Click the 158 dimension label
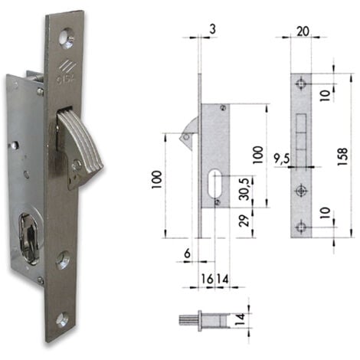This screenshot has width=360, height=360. pyautogui.click(x=342, y=156)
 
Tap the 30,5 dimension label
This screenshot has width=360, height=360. pyautogui.click(x=244, y=189)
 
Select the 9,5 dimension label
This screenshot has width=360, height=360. pyautogui.click(x=282, y=159)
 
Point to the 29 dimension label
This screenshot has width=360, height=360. pyautogui.click(x=244, y=221)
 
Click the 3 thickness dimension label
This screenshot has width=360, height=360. pyautogui.click(x=212, y=29)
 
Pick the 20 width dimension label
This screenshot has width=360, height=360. pyautogui.click(x=303, y=31)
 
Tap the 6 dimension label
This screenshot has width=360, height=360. pyautogui.click(x=188, y=254)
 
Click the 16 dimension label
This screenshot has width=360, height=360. pyautogui.click(x=208, y=279)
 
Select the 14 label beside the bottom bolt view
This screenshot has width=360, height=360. pyautogui.click(x=241, y=318)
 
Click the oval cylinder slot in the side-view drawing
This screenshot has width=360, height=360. pyautogui.click(x=214, y=183)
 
